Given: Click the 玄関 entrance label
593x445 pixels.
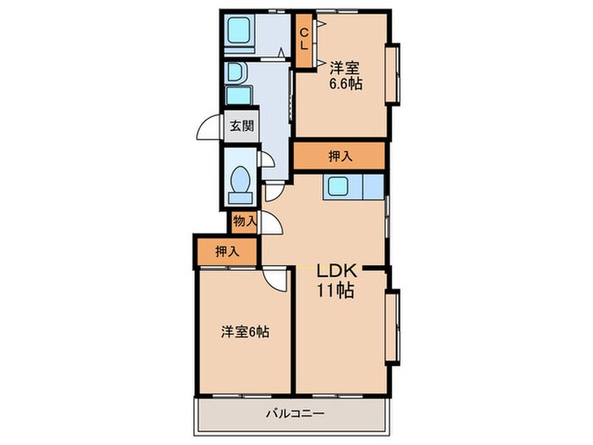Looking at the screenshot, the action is point(241,125).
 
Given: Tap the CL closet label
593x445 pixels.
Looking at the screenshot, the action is point(303,40).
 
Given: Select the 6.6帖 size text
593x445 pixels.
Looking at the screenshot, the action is point(346,84).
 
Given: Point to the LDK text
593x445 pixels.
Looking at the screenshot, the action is point(336,271).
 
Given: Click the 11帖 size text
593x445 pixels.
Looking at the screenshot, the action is point(335,291).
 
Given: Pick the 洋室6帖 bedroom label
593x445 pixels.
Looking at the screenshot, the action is point(245,332).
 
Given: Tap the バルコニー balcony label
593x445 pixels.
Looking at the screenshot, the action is point(295,414).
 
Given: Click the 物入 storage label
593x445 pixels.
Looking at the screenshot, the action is point(245,220).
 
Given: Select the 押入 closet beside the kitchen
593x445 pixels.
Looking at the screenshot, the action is point(340,156).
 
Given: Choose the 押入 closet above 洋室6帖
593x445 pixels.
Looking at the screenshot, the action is point(227,251).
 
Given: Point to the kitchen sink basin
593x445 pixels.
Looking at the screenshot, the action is point(338,186).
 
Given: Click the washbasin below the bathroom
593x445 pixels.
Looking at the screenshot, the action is point(236,72).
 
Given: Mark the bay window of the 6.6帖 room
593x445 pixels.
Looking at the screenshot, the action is point(393,75).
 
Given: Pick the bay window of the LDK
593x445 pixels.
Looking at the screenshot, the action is point(392,327).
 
